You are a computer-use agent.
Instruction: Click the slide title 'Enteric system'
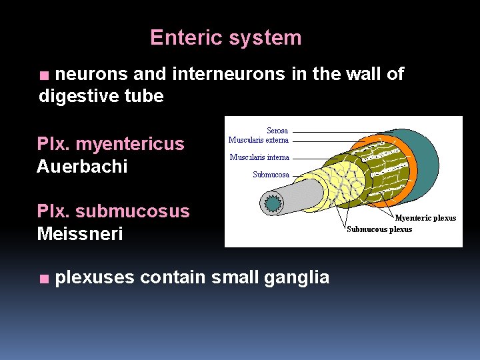point(225,37)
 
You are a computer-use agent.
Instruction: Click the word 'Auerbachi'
point(82,166)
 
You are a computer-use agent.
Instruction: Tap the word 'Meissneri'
point(80,234)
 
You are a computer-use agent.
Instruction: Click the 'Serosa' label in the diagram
point(277,131)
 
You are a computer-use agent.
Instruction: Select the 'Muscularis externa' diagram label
point(259,140)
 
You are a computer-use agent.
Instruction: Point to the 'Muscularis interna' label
point(259,157)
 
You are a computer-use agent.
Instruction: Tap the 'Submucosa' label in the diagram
point(271,175)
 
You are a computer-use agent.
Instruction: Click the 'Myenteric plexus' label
point(425,218)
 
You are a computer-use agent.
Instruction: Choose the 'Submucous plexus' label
point(379,229)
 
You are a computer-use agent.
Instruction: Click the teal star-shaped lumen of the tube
point(272,203)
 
